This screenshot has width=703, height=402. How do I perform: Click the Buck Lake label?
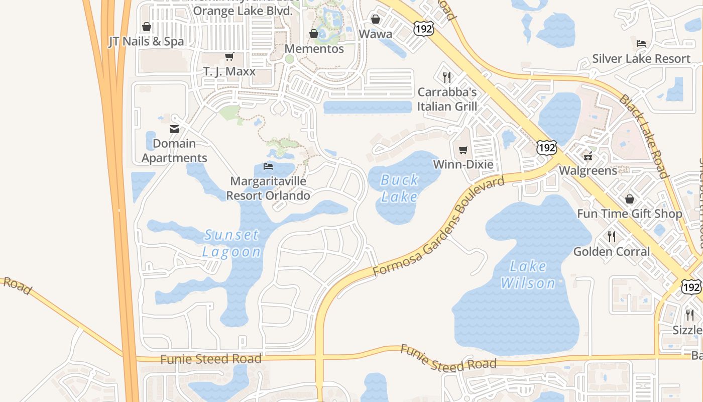399,188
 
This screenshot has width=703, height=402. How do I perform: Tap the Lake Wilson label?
528,274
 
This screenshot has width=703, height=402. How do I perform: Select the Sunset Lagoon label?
231,243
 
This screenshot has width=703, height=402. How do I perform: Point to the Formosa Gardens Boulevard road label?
438,227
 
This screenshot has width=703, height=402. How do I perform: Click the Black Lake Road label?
644,136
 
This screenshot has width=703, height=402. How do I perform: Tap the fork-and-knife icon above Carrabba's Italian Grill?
447,77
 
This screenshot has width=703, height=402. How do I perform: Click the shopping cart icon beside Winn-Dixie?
463,150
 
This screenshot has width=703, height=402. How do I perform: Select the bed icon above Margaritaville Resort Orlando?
268,166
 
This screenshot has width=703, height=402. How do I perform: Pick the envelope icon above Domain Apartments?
174,129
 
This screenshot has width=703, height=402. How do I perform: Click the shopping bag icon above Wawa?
376,19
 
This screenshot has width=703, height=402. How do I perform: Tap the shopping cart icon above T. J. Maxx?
229,56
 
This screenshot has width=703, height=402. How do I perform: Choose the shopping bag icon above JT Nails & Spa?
147,27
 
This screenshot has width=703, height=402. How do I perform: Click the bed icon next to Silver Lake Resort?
641,44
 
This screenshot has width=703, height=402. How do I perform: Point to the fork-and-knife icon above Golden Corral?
612,236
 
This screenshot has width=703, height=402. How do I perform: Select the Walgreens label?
588,170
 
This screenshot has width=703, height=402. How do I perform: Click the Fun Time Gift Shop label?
630,214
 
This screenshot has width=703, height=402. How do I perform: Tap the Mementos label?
314,49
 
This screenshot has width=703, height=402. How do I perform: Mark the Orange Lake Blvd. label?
242,11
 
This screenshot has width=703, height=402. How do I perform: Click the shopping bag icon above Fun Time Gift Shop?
630,199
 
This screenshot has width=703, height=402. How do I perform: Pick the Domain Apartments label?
174,150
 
